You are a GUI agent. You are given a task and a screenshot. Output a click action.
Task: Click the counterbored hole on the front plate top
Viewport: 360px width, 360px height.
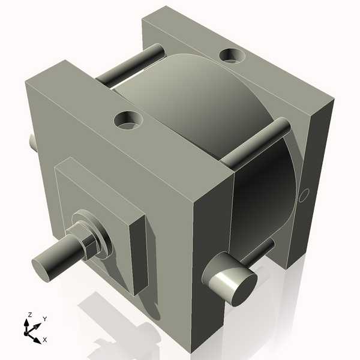(x=128, y=120)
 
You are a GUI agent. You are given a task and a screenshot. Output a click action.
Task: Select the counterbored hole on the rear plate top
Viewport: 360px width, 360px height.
(x=232, y=56)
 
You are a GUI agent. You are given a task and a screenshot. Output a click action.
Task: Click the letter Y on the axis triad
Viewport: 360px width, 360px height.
(x=45, y=319)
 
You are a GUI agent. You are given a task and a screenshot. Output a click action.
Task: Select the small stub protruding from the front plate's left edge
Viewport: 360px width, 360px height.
(x=32, y=142)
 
